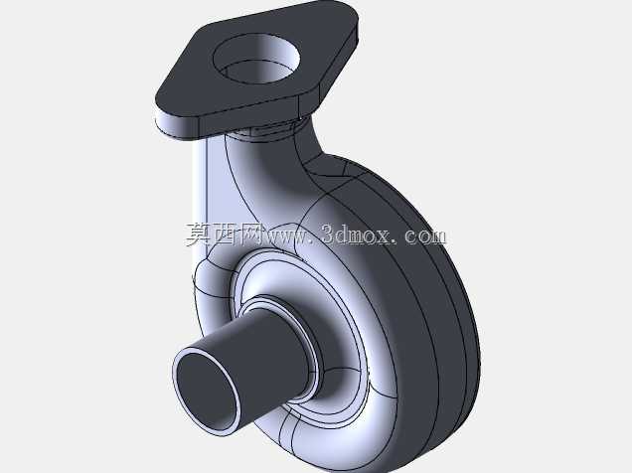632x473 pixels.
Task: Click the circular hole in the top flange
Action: [256, 60]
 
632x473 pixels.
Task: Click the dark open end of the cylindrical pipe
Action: [205, 389]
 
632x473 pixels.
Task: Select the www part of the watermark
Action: [289, 236]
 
